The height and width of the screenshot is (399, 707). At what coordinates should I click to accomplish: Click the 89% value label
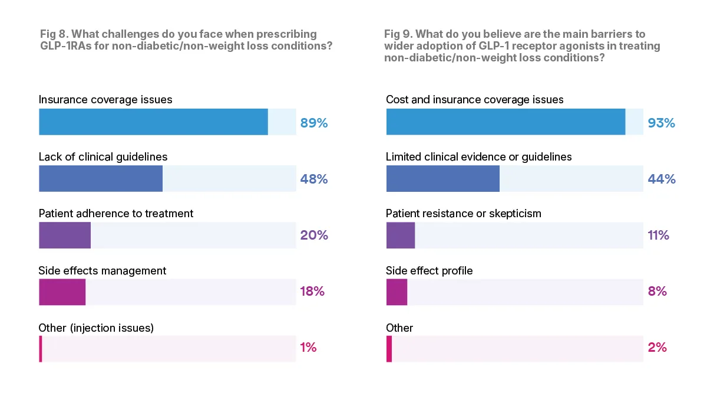(314, 123)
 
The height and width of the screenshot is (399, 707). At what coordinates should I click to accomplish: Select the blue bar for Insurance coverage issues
(153, 122)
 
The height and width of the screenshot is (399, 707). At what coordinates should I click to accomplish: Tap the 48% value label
(314, 179)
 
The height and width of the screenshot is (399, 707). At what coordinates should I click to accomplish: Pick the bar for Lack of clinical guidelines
(101, 178)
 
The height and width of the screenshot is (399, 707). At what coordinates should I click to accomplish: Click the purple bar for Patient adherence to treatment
(65, 235)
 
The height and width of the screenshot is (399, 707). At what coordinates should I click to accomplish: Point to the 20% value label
(314, 236)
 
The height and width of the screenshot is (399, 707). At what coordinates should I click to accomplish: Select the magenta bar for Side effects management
(62, 292)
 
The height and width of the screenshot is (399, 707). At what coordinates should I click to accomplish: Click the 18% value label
(313, 292)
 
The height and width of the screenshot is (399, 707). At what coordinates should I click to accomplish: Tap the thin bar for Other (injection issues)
(41, 348)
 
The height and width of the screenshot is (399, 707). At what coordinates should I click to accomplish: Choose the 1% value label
(309, 348)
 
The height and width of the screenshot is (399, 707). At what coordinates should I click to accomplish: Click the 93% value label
(661, 123)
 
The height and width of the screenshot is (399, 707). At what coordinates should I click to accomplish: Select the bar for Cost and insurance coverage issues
(506, 122)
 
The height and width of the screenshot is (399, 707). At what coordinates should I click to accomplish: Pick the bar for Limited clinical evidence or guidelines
(443, 178)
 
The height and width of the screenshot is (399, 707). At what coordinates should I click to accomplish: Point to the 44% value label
(661, 179)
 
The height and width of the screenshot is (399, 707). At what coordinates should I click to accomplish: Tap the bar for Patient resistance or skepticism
(401, 235)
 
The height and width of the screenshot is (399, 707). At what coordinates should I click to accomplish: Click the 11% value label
(659, 236)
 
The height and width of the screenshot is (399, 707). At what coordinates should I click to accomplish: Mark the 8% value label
(658, 292)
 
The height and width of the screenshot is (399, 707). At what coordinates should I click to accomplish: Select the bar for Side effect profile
(397, 292)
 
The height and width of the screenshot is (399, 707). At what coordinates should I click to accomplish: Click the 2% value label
(658, 348)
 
